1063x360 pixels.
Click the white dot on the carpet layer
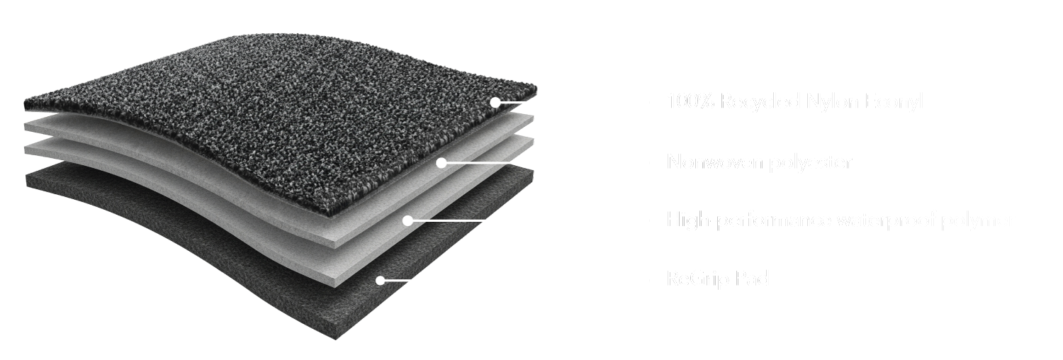coord(495,102)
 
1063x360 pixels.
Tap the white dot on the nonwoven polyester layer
coord(441,163)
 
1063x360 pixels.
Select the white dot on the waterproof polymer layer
coord(407,220)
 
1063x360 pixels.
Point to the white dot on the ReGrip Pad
coord(380,281)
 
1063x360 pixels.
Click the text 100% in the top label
coord(691,103)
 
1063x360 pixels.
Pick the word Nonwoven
coord(715,164)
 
